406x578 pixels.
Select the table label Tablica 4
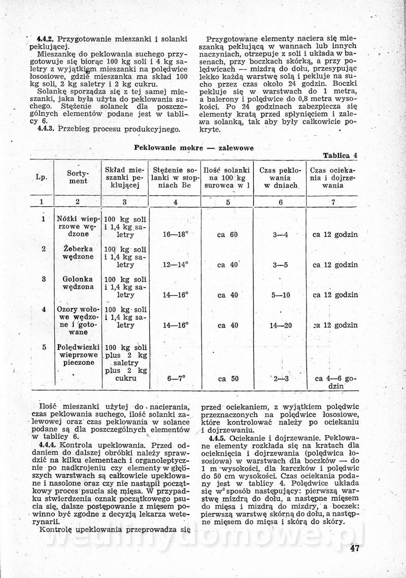pyautogui.click(x=340, y=156)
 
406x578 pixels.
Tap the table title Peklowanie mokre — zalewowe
pyautogui.click(x=194, y=148)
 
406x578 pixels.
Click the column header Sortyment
pyautogui.click(x=78, y=177)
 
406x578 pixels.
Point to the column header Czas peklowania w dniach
pyautogui.click(x=280, y=178)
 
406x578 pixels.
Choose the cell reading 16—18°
pyautogui.click(x=176, y=235)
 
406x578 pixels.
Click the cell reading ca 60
pyautogui.click(x=227, y=235)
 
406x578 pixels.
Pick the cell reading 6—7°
pyautogui.click(x=176, y=378)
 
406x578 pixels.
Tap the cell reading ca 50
pyautogui.click(x=228, y=378)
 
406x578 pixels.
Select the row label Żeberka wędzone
pyautogui.click(x=78, y=253)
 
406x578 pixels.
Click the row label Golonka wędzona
pyautogui.click(x=78, y=283)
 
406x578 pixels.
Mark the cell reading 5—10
pyautogui.click(x=281, y=295)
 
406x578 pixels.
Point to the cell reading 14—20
pyautogui.click(x=281, y=325)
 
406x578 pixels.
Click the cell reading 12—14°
pyautogui.click(x=176, y=265)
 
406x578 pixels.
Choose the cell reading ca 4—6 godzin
pyautogui.click(x=335, y=382)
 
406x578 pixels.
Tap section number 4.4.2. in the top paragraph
pyautogui.click(x=46, y=39)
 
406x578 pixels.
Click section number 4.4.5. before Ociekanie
pyautogui.click(x=217, y=438)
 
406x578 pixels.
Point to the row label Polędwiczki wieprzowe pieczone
pyautogui.click(x=78, y=355)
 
